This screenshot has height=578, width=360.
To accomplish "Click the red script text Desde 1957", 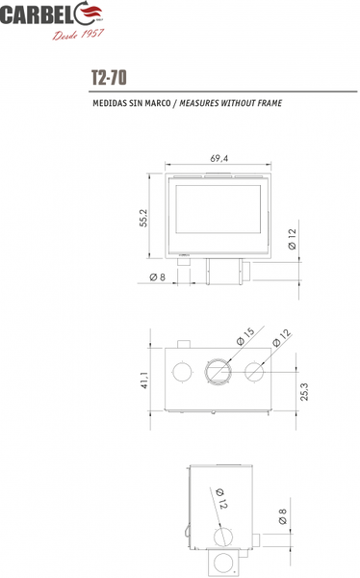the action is pyautogui.click(x=78, y=35).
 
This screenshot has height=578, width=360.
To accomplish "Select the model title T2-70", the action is pyautogui.click(x=109, y=77).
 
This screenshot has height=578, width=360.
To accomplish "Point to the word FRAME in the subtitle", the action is pyautogui.click(x=270, y=103).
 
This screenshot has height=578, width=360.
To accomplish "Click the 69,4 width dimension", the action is pyautogui.click(x=219, y=158).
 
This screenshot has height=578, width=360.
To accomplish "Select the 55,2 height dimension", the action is pyautogui.click(x=143, y=218).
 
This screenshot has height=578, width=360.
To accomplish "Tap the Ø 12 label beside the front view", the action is pyautogui.click(x=292, y=239).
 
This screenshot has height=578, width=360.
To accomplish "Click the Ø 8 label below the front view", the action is pyautogui.click(x=158, y=276).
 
